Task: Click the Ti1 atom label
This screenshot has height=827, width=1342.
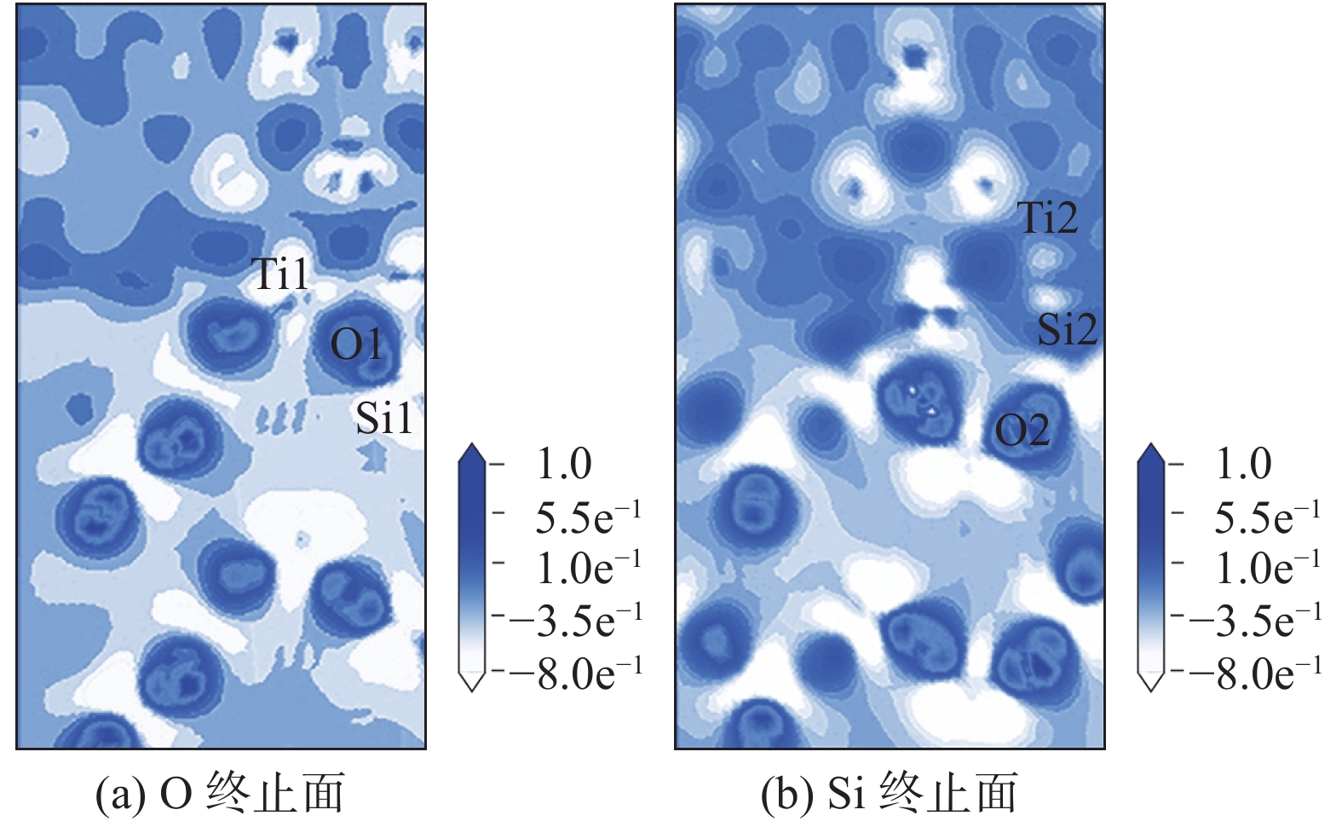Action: (281, 275)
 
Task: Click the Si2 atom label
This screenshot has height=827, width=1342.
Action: (1066, 329)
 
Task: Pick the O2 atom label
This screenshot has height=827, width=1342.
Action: (1022, 431)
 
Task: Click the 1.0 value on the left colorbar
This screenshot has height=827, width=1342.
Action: (563, 465)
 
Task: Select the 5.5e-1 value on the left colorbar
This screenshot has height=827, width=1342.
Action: (587, 517)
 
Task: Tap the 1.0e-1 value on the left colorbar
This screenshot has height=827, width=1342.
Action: (587, 568)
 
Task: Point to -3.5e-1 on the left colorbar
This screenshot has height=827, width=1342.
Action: (576, 620)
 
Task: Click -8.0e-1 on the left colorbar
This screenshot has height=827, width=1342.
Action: (576, 674)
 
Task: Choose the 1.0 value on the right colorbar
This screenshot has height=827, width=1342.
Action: (1243, 465)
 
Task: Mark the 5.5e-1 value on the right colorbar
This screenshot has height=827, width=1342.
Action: (1267, 517)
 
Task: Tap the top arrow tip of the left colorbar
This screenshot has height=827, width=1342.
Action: (471, 445)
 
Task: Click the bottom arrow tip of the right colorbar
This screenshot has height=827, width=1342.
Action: (1151, 689)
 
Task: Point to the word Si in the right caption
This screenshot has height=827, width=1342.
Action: (847, 795)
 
